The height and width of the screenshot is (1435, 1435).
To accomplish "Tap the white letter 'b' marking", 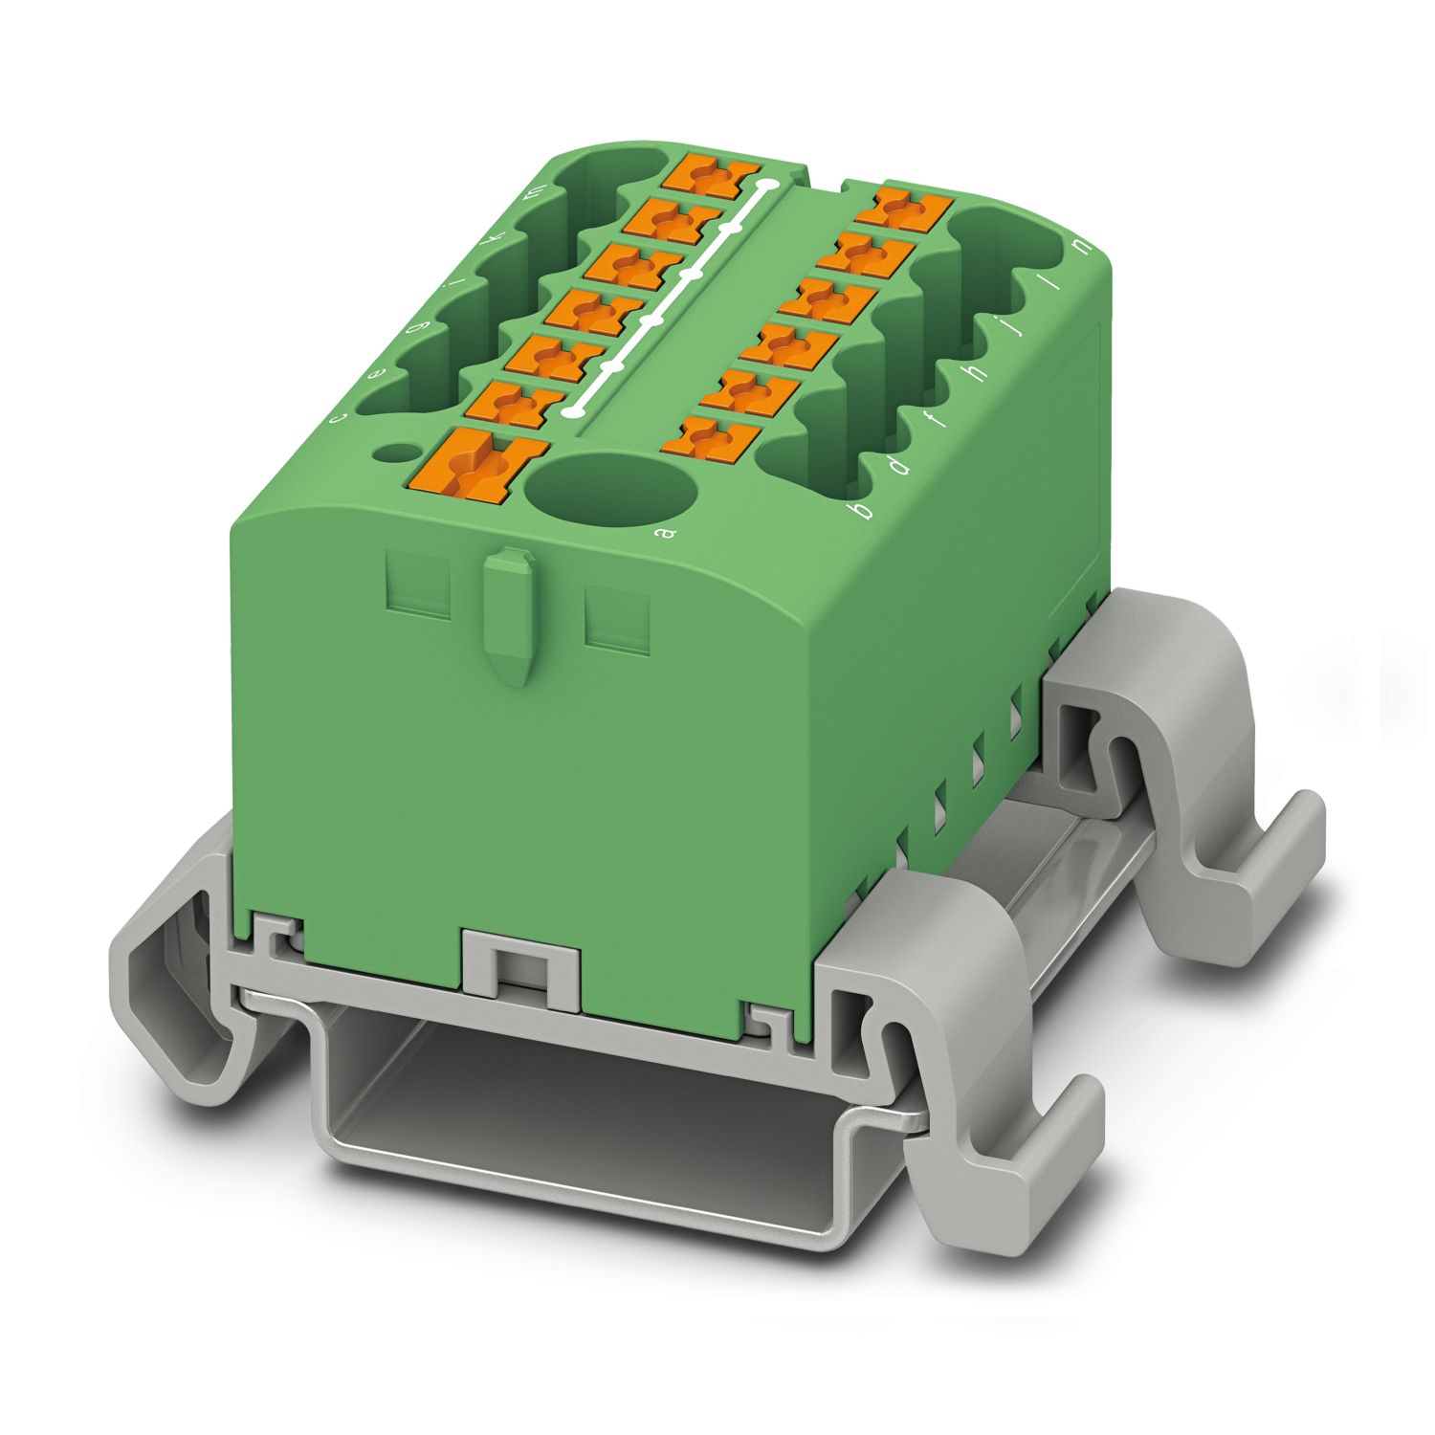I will tap(865, 510).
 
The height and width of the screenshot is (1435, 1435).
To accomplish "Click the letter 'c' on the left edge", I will tap(335, 418).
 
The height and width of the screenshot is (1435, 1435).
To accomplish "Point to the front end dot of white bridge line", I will tap(573, 411).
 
